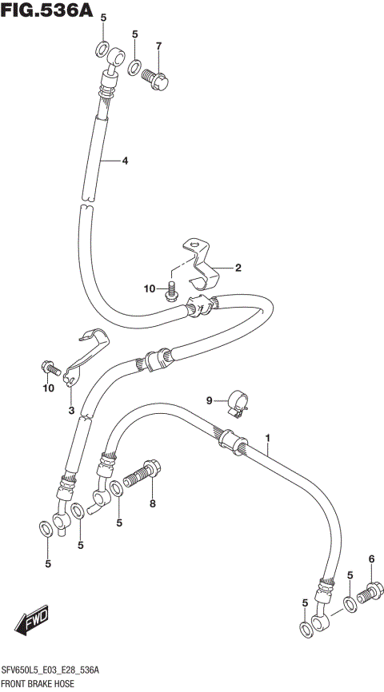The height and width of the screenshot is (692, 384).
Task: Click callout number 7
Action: point(158,46)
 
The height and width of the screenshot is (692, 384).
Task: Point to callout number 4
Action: point(125,161)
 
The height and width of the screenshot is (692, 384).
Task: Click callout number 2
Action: point(238,268)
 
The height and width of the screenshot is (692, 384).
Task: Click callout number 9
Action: point(210,400)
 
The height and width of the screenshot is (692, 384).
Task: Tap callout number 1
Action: point(268,438)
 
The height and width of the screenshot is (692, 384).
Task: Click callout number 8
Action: point(152,503)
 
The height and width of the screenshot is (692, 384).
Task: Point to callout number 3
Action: point(70,412)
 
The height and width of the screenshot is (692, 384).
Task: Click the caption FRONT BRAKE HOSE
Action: point(38,684)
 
